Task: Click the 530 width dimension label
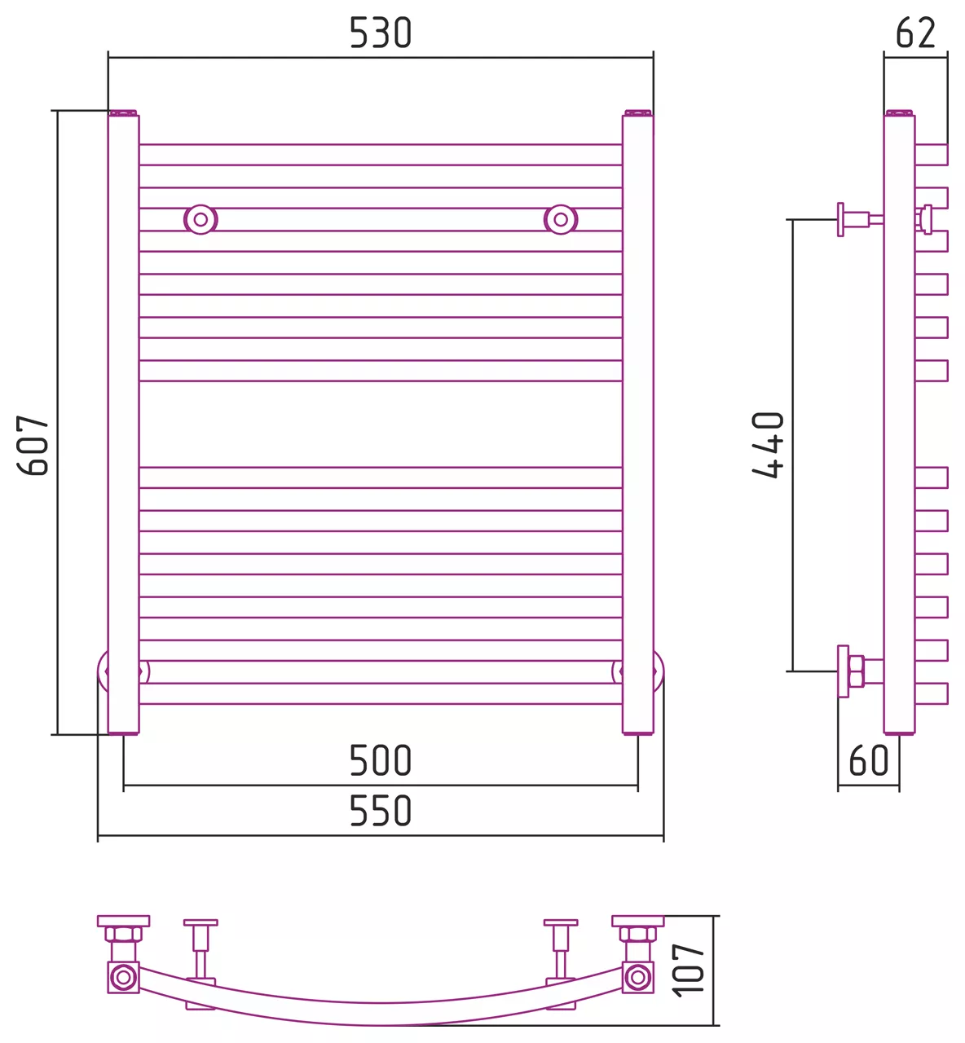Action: pos(380,33)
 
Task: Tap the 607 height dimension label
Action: pos(33,445)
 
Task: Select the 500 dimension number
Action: pos(380,760)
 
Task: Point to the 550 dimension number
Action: pos(380,810)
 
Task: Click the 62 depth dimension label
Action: pos(915,33)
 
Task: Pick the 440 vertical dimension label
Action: pos(768,445)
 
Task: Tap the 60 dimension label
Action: pos(868,760)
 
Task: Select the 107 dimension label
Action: pos(688,970)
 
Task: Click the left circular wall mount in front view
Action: pos(200,219)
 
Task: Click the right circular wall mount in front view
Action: pos(561,219)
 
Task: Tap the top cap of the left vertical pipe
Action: pos(123,113)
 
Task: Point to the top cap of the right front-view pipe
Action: pos(637,113)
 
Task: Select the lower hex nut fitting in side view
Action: pos(856,671)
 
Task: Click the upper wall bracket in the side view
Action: pos(859,219)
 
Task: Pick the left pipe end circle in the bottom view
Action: pos(123,977)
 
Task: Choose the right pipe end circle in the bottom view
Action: pos(637,977)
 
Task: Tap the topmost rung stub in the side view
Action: pos(931,155)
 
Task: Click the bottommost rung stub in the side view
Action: pos(931,693)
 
